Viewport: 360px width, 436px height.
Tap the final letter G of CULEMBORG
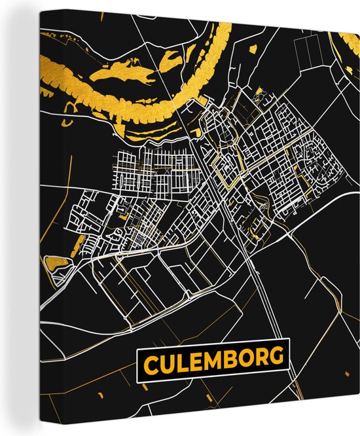(277, 357)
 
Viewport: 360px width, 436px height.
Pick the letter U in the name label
(168, 360)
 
